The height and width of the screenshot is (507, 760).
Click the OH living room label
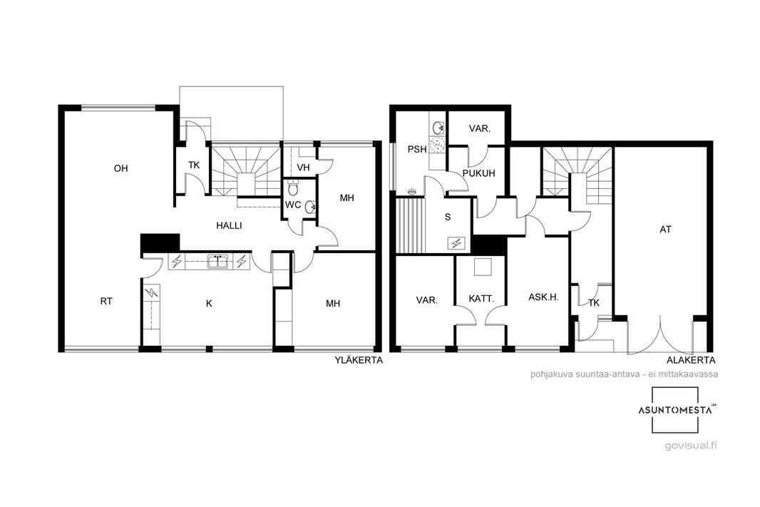click(x=120, y=169)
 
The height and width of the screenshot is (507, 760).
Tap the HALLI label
click(x=229, y=225)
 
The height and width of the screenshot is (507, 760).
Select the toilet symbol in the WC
click(x=293, y=187)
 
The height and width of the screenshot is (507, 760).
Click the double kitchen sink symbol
click(x=218, y=261)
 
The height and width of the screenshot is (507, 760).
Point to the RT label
click(x=106, y=301)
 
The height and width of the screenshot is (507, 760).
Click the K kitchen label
click(x=209, y=304)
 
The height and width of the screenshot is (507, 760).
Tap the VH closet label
click(x=303, y=168)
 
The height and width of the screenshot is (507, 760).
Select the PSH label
click(x=417, y=149)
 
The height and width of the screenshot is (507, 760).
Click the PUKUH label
click(x=478, y=173)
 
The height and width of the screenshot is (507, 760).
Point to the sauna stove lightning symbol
click(x=456, y=243)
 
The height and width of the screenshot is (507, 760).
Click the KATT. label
click(x=481, y=299)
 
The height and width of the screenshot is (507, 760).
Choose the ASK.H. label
click(x=543, y=297)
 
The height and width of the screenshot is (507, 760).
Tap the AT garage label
click(x=665, y=230)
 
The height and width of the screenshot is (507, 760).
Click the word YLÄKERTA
click(x=358, y=360)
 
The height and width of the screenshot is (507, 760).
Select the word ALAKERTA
click(x=691, y=360)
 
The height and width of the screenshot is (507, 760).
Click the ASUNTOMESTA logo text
click(x=674, y=410)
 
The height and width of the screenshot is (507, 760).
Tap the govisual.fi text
click(x=690, y=446)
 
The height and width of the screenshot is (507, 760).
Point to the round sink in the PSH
click(x=438, y=128)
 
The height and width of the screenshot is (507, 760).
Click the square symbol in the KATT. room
click(x=483, y=267)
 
